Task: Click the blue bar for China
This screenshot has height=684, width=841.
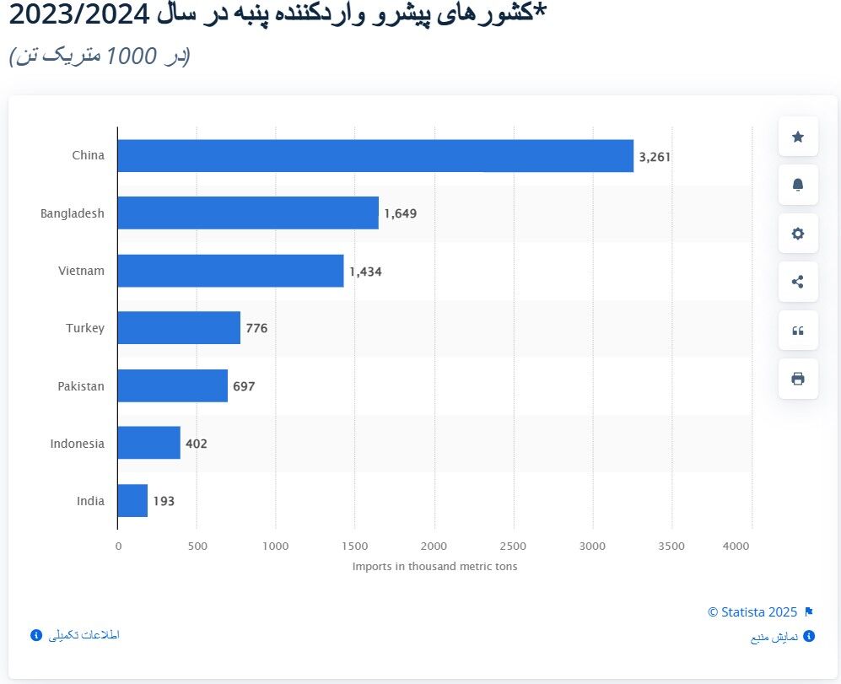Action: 375,156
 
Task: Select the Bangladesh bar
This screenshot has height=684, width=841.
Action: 248,213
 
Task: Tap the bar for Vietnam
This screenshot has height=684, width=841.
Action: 230,271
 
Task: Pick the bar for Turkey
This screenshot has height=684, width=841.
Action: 179,328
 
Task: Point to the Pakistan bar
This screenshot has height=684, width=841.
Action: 172,385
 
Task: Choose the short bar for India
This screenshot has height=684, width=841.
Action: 132,501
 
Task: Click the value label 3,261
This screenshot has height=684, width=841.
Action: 655,156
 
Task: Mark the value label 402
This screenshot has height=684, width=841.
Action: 196,444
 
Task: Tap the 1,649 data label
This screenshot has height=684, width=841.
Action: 400,213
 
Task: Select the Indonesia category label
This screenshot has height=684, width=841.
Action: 77,444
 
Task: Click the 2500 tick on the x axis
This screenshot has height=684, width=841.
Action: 513,547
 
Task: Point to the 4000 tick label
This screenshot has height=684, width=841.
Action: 736,547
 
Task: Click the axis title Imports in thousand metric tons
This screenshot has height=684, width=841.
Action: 434,567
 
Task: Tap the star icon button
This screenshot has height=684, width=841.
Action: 798,137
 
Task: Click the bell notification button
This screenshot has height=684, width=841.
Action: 798,185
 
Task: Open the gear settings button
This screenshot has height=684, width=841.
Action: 798,234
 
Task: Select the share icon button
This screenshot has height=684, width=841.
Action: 798,282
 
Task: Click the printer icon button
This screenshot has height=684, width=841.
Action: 798,379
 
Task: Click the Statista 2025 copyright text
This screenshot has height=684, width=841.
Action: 752,612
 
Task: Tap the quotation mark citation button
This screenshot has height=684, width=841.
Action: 798,331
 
